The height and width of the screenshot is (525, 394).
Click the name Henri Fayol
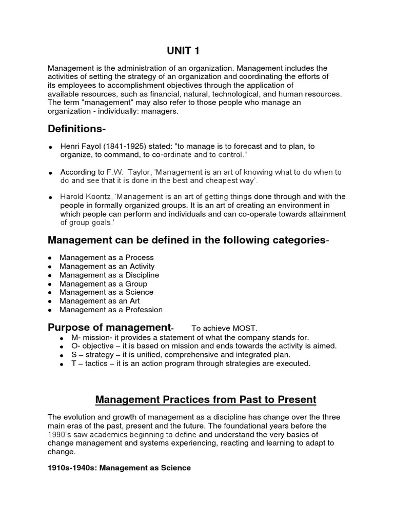click(80, 146)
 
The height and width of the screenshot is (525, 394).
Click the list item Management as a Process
click(106, 257)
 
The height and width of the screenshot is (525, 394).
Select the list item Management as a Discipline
click(109, 275)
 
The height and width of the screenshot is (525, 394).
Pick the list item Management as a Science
click(106, 292)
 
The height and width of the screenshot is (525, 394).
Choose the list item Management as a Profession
click(111, 310)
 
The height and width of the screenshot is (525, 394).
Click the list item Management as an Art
click(100, 301)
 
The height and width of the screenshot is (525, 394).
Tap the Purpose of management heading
click(109, 327)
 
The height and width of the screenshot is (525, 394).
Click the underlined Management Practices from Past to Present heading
click(197, 399)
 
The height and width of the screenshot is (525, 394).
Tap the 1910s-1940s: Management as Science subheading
click(119, 468)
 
